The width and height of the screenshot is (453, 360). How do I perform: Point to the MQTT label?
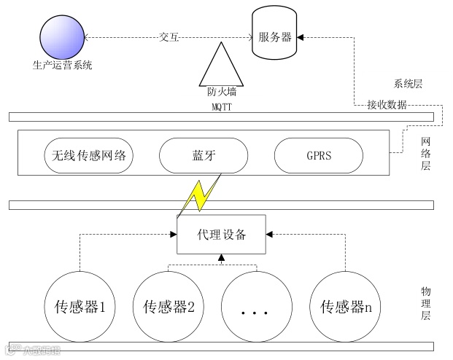(x=217, y=107)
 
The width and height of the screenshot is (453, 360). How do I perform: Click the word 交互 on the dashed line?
(x=169, y=36)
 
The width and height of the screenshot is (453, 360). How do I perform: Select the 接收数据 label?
(x=387, y=105)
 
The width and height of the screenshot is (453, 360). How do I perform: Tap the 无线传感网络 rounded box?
(x=88, y=155)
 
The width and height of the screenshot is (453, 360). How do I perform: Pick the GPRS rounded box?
(x=318, y=155)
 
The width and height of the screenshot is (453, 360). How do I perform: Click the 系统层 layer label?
(x=407, y=84)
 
